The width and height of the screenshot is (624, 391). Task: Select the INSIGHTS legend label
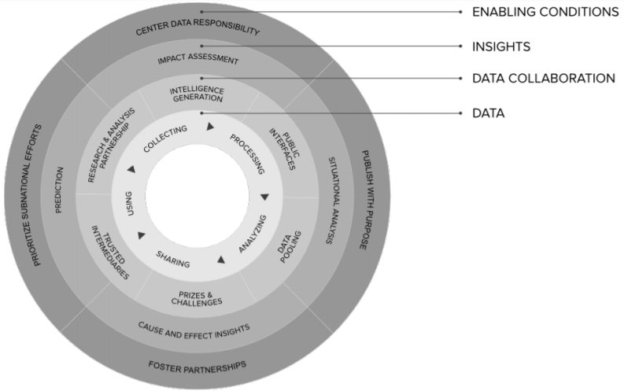(x=501, y=46)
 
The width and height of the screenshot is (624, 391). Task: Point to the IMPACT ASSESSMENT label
(x=198, y=60)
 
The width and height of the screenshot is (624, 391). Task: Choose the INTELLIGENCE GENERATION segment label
(x=198, y=94)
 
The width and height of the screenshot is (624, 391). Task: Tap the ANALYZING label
(x=253, y=232)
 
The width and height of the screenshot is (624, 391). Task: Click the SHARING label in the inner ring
(x=172, y=255)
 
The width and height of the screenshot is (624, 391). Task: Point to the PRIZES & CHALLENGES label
(x=198, y=298)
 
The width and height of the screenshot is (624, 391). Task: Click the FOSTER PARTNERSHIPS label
(x=197, y=365)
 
